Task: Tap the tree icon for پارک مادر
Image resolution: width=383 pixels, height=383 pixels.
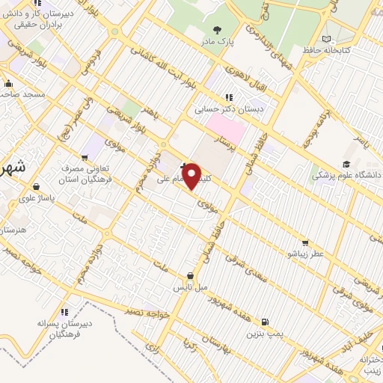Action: (218, 30)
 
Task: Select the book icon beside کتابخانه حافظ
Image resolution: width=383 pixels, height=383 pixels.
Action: (325, 38)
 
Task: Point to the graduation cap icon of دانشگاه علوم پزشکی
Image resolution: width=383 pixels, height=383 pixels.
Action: (346, 164)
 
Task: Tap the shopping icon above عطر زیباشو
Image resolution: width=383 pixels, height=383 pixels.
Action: (304, 242)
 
